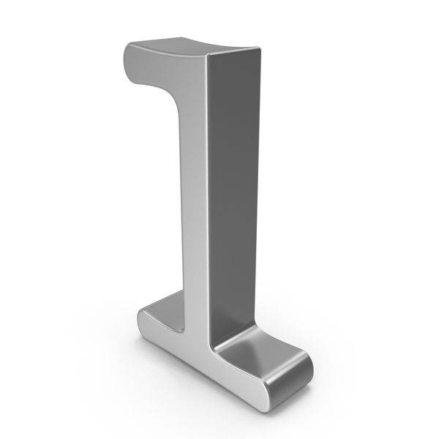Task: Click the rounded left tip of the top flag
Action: [127, 63]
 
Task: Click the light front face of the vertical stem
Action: [194, 196]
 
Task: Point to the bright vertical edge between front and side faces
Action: [208, 196]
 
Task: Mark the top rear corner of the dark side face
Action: [260, 48]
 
